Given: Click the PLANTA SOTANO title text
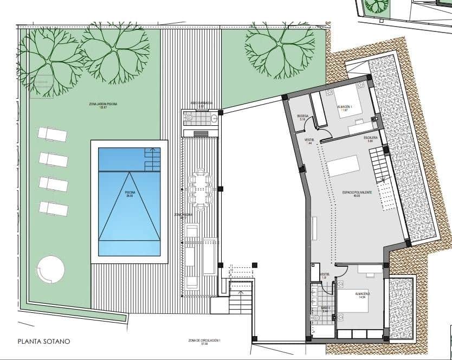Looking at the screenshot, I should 44,342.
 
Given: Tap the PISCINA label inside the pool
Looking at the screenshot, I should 130,192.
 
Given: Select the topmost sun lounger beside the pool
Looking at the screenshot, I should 51,134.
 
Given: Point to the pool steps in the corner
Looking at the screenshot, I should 153,159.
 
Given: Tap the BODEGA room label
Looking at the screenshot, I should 303,117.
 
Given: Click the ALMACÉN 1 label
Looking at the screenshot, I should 345,107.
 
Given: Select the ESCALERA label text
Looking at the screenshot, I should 371,139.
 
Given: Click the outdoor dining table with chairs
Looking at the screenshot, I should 201,189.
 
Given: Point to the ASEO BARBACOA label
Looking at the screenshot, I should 201,102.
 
